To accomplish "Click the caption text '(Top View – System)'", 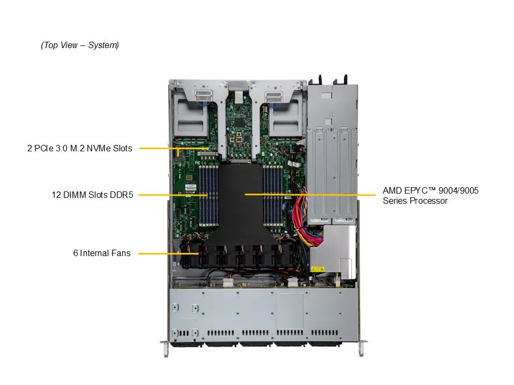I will tap(80, 45).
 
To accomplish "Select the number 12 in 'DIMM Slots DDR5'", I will tap(56, 195).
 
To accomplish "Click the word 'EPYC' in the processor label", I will tap(419, 190).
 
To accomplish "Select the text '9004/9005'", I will tap(459, 190).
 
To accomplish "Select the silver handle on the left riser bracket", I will tap(203, 96).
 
